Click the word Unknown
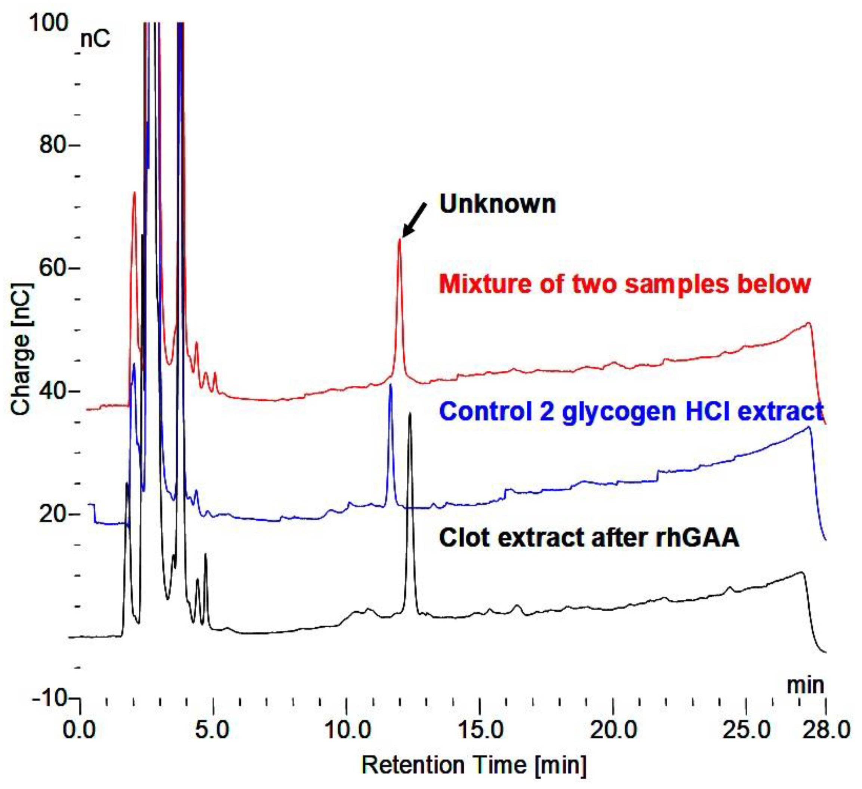coord(498,204)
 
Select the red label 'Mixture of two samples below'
coord(625,284)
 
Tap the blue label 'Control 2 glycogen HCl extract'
coord(631,411)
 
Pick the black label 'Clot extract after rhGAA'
coord(589,538)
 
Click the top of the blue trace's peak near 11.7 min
coord(390,385)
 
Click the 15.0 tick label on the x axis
coord(480,730)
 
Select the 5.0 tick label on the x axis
coord(212,730)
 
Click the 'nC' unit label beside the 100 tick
coord(95,39)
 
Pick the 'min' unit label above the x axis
coord(806,685)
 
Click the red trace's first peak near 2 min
coord(134,193)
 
